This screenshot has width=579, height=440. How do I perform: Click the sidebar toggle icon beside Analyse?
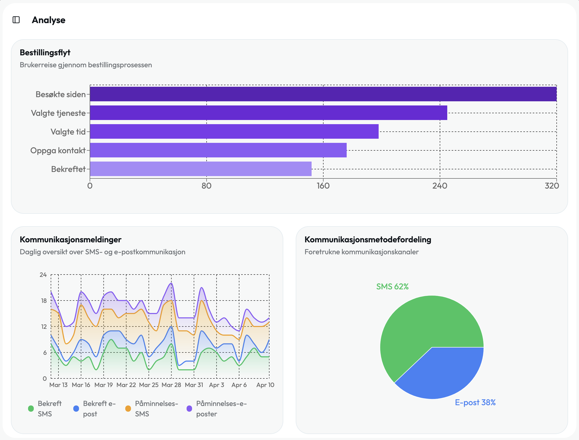click(x=16, y=20)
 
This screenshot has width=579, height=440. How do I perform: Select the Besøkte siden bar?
click(x=323, y=94)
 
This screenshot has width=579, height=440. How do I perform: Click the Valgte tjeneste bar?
click(x=268, y=113)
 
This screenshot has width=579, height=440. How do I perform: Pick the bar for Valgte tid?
click(x=234, y=131)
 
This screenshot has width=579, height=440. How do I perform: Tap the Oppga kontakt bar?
click(x=218, y=150)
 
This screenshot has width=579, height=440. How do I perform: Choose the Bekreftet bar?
click(x=200, y=169)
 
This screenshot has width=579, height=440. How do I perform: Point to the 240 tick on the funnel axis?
click(x=440, y=186)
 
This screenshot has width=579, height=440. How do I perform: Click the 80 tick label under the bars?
click(x=206, y=186)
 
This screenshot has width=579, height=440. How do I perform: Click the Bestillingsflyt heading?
click(x=45, y=53)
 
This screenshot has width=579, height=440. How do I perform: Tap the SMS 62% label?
click(x=392, y=286)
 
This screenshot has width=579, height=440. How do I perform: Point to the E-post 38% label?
click(x=475, y=403)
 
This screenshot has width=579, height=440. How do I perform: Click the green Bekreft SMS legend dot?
click(x=31, y=409)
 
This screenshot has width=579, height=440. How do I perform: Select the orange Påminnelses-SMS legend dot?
click(x=128, y=409)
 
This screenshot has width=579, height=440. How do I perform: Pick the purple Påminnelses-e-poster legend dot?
click(x=189, y=409)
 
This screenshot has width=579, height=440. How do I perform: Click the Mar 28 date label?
click(x=171, y=385)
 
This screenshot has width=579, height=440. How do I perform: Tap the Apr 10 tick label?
click(x=265, y=385)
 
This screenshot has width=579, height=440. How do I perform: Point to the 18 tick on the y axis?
click(x=44, y=301)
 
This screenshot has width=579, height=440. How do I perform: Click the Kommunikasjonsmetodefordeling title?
click(x=367, y=240)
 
